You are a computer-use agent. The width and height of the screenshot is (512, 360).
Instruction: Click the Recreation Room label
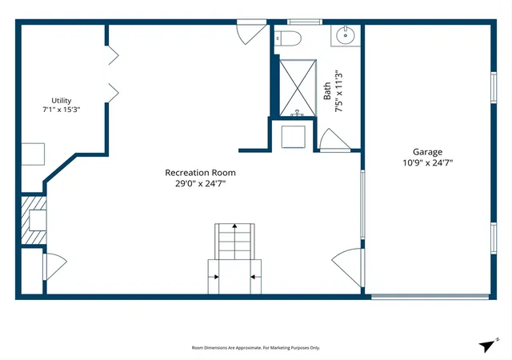point(200,173)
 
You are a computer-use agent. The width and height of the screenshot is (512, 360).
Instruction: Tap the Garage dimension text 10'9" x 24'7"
point(428,162)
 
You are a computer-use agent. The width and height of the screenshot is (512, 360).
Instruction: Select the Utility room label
point(62,101)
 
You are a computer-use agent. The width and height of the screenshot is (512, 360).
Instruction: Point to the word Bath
point(327,91)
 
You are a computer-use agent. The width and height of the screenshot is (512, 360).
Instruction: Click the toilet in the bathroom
point(287,38)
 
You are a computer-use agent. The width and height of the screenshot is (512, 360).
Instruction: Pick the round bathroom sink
point(346,35)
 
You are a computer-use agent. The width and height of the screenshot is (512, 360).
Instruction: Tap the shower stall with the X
point(298,87)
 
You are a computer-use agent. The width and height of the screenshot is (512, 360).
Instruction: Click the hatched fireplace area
point(34,220)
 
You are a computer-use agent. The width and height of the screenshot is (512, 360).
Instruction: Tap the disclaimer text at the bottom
point(256,348)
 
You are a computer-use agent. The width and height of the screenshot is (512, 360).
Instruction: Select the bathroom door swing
point(334,141)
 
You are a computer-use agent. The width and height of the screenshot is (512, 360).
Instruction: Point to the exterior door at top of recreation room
point(251,31)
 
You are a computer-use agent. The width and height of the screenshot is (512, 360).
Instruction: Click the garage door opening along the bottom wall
point(430,297)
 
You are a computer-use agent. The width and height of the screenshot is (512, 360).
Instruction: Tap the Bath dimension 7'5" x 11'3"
point(339,91)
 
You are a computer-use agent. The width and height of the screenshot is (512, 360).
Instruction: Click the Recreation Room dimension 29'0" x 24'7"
point(201,183)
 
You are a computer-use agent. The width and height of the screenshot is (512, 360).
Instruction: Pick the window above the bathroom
point(305,22)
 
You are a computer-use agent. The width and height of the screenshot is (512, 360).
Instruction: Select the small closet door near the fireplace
point(54,266)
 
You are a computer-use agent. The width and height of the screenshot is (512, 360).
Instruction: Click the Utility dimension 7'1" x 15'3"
point(62,110)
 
